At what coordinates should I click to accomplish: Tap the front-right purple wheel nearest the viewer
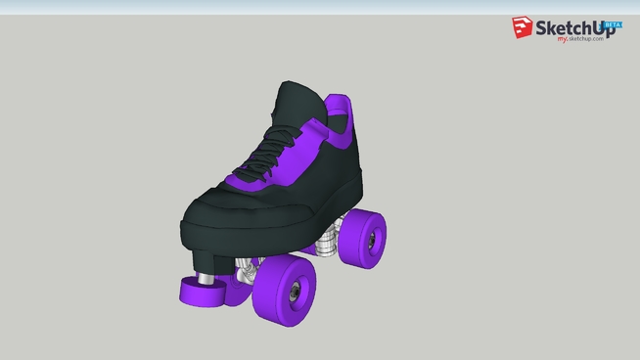[285, 290]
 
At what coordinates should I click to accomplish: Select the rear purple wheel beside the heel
[363, 236]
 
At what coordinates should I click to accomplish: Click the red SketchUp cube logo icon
[523, 28]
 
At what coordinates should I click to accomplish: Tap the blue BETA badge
[613, 23]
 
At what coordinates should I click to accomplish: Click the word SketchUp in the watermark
[571, 30]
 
